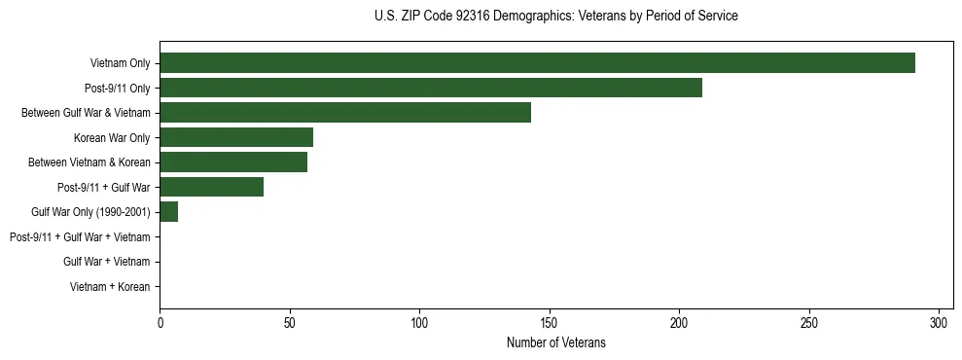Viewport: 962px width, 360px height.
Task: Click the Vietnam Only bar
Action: click(x=537, y=63)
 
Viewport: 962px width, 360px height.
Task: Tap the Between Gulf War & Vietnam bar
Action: click(x=345, y=113)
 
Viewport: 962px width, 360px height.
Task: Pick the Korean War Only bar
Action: click(x=236, y=137)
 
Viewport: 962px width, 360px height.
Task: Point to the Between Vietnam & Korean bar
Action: click(x=233, y=162)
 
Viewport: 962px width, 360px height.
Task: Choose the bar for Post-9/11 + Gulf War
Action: click(x=212, y=187)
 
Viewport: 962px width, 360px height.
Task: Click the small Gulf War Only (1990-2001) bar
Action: click(x=169, y=212)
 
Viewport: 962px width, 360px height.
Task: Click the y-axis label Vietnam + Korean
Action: click(x=110, y=287)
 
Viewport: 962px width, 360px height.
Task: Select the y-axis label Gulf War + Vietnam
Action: click(x=106, y=262)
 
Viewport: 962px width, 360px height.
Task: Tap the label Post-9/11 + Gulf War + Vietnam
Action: click(x=80, y=237)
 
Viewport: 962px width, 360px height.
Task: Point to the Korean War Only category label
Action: click(x=112, y=138)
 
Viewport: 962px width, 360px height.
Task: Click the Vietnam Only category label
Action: click(x=120, y=63)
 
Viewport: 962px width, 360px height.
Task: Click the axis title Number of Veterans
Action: click(x=555, y=342)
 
